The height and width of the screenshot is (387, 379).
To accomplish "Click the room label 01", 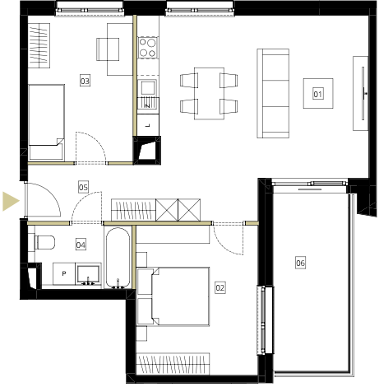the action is click(x=317, y=94).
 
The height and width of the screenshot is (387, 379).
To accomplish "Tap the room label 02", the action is click(x=220, y=287).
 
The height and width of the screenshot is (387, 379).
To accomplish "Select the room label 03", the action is click(x=85, y=81).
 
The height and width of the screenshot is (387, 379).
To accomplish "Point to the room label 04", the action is click(x=81, y=245).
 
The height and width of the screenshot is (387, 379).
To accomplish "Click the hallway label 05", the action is click(x=83, y=187).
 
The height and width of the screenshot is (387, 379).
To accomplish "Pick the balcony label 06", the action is click(x=300, y=263).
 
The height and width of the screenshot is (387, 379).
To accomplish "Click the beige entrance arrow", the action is click(x=11, y=201).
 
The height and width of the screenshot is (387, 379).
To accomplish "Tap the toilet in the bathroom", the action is click(x=44, y=242).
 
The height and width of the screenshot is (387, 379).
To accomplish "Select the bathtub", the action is click(x=118, y=258).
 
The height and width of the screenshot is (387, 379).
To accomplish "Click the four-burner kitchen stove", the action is click(x=148, y=47).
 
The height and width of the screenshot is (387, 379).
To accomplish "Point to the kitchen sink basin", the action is click(x=148, y=88).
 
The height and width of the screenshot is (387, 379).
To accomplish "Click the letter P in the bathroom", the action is click(x=64, y=273).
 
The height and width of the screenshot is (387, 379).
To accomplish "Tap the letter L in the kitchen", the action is click(x=148, y=125).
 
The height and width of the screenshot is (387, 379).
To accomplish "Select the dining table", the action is click(x=209, y=93).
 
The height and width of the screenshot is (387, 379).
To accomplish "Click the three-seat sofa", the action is click(x=273, y=93).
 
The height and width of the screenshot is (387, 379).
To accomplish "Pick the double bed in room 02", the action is click(x=173, y=296).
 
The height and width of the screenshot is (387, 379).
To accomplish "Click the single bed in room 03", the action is click(x=47, y=122).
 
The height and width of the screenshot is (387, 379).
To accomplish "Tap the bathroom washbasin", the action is click(x=88, y=275).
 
